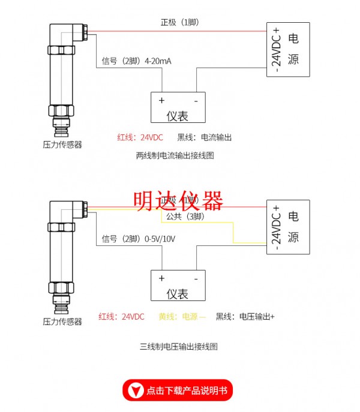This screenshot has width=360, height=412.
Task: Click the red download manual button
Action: point(178,390)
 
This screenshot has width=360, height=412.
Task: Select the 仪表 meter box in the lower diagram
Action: point(178,286)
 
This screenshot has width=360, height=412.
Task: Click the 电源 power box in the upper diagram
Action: point(289,49)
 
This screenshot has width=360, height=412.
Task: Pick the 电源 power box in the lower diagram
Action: point(289,226)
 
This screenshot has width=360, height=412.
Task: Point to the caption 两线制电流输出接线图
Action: point(175,155)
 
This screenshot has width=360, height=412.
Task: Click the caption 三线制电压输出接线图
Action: point(178,347)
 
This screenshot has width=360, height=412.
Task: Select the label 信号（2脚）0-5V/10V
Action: point(138,239)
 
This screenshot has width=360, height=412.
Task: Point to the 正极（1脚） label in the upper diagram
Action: point(179,22)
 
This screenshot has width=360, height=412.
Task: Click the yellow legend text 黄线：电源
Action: point(182,317)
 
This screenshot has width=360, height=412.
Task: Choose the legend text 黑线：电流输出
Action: point(204,137)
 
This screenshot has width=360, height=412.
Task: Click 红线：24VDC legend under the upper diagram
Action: point(140,137)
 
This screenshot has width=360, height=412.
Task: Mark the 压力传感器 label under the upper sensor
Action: point(62,145)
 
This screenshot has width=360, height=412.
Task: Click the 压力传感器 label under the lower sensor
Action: point(62,322)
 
